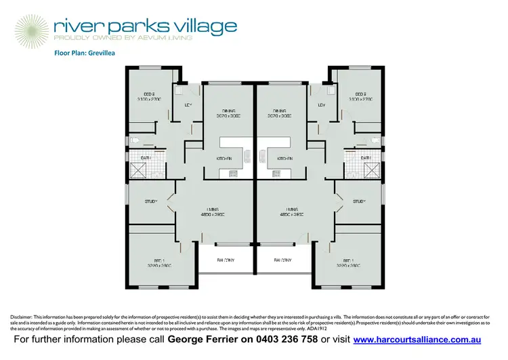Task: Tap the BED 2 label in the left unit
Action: click(x=150, y=95)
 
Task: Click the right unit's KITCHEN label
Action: click(x=284, y=158)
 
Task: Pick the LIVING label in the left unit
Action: click(x=217, y=209)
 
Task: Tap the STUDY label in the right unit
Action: click(x=359, y=201)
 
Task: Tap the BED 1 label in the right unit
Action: click(x=349, y=261)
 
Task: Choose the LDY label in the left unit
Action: click(x=189, y=105)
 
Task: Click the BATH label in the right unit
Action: click(x=365, y=158)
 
